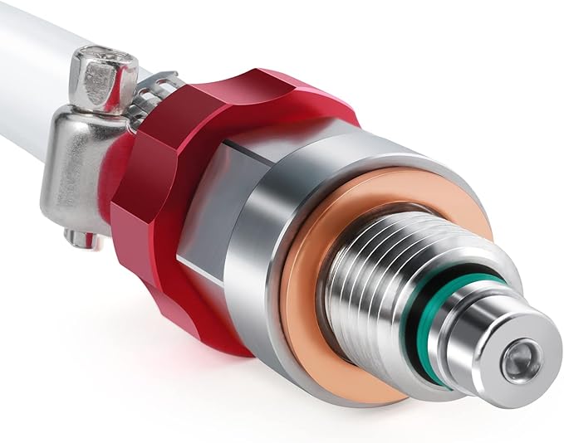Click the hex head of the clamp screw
[102, 79]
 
